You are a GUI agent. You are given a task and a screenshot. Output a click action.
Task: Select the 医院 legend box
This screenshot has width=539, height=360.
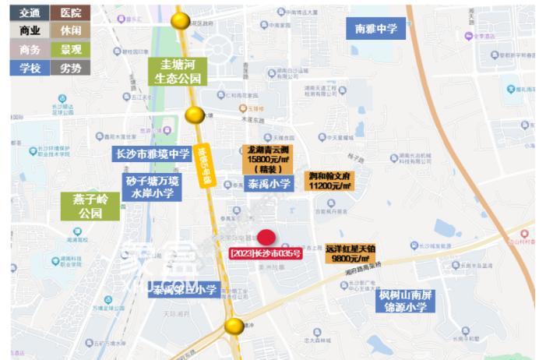[x=69, y=12]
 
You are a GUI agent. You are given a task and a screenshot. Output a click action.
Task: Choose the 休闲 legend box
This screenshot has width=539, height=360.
[x=69, y=30]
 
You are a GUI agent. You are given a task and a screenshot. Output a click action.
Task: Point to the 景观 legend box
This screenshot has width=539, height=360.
[x=69, y=49]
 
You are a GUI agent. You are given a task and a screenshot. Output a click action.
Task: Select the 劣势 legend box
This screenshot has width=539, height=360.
[x=69, y=68]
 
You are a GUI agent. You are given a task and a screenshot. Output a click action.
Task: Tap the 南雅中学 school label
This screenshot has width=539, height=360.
[x=375, y=29]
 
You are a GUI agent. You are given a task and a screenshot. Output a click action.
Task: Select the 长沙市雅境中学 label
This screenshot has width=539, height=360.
[x=153, y=154]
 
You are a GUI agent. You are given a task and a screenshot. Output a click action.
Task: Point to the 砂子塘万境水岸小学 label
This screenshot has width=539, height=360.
[x=152, y=186]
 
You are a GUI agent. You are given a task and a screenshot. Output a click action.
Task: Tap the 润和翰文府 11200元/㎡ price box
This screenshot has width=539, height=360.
[x=329, y=182]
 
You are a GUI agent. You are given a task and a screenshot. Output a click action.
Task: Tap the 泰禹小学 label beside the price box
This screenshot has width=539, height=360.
[x=269, y=184]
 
